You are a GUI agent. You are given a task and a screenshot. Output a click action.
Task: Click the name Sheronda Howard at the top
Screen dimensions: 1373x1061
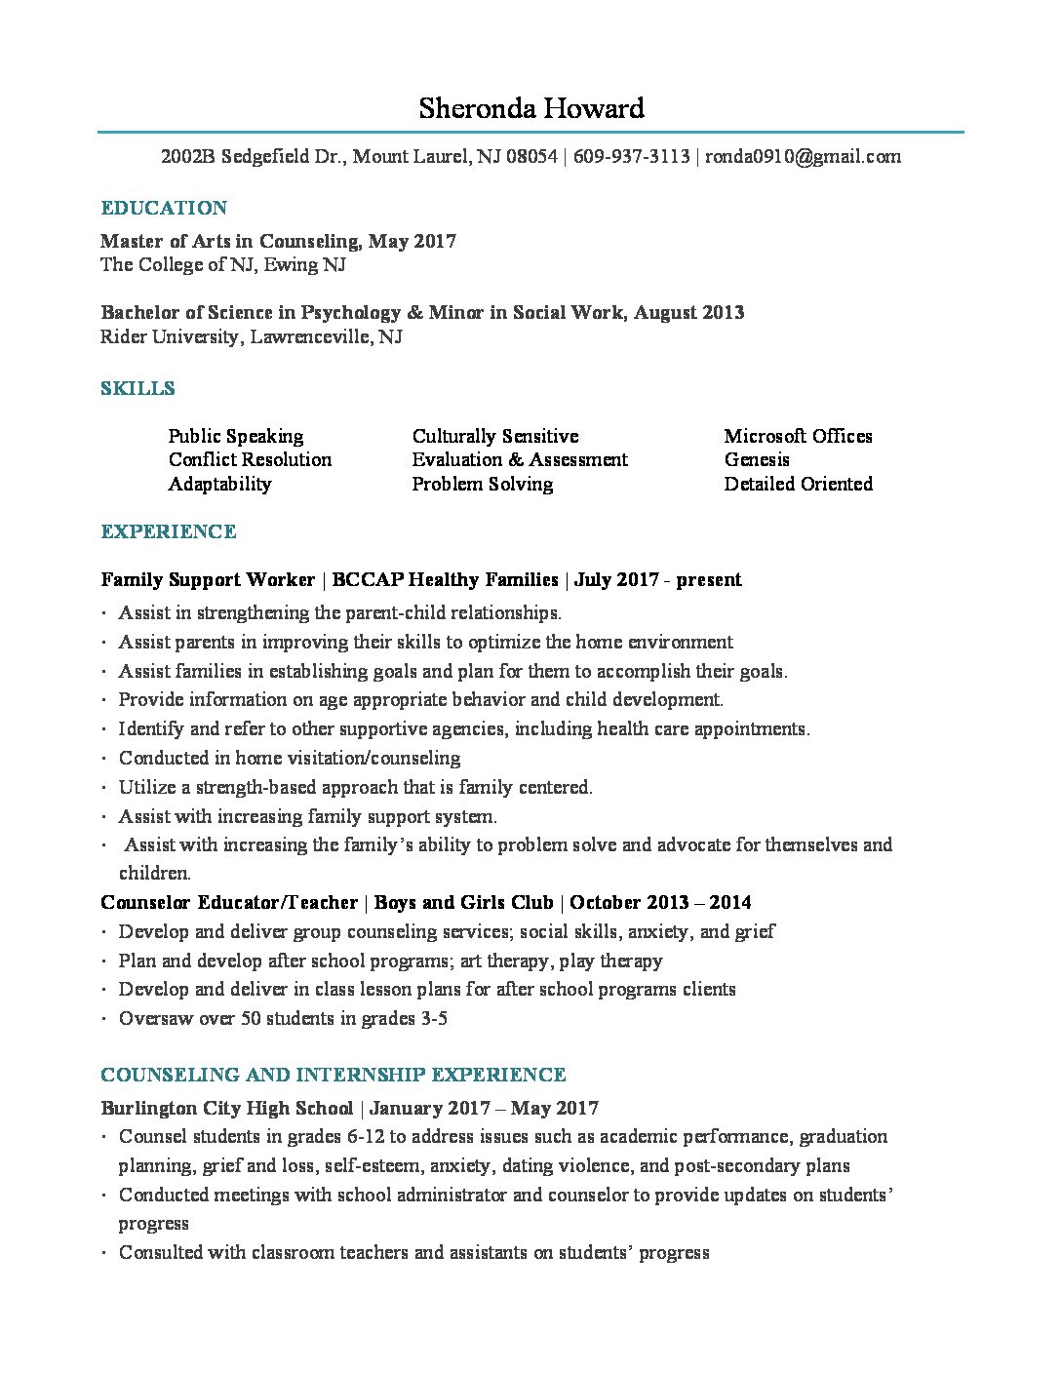click(x=531, y=108)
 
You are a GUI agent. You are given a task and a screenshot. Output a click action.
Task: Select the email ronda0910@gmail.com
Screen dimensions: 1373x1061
click(x=803, y=156)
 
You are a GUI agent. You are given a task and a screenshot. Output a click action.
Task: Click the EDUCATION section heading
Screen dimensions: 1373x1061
click(x=164, y=208)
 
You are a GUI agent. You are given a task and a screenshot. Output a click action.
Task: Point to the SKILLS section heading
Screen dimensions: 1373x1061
click(x=138, y=388)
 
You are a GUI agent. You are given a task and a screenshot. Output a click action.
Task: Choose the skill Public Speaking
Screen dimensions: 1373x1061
click(x=235, y=436)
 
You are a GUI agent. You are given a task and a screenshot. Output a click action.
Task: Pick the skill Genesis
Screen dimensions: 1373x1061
click(x=757, y=459)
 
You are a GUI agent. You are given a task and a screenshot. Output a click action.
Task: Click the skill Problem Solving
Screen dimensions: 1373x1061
click(x=482, y=484)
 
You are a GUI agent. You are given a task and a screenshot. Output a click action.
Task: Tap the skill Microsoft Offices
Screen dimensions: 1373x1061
click(x=798, y=436)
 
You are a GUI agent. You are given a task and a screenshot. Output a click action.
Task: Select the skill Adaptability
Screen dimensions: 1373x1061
click(x=219, y=484)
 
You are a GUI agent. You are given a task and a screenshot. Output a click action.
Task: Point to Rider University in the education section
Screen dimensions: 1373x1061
click(x=169, y=336)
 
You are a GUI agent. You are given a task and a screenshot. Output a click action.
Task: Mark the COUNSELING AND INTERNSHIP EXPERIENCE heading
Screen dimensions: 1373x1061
click(x=334, y=1075)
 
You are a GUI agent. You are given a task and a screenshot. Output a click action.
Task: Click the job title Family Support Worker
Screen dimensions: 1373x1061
click(x=208, y=579)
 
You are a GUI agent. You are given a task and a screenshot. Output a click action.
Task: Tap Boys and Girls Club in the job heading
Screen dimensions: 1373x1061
click(x=463, y=902)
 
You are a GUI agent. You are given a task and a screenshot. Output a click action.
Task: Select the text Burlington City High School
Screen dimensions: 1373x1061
click(x=226, y=1108)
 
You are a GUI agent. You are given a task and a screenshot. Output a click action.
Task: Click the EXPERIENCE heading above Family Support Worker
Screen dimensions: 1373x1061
click(x=169, y=531)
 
